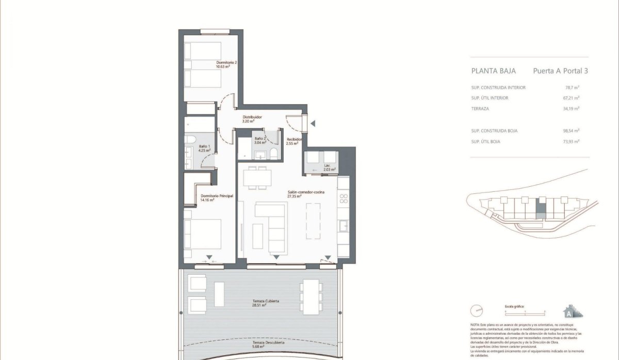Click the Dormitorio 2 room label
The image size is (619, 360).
tap(227, 64)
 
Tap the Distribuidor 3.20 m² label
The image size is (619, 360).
tap(253, 119)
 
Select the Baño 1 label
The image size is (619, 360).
tap(205, 149)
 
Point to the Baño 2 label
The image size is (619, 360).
tap(260, 141)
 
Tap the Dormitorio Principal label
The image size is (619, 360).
tap(217, 198)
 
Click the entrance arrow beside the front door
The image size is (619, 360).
tap(313, 123)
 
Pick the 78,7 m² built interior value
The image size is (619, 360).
tap(571, 88)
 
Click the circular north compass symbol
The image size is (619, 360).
tap(478, 312)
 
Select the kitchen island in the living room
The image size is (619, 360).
tap(313, 221)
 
